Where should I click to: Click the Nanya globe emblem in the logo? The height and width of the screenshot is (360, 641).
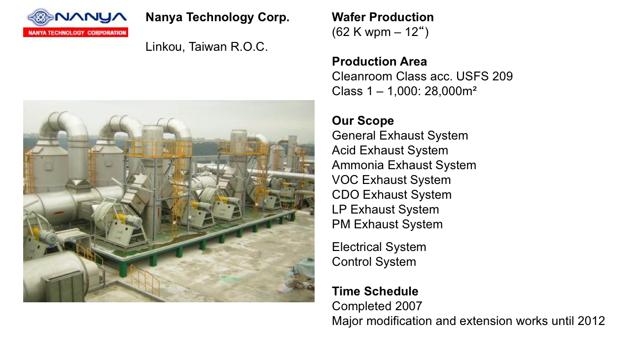pyautogui.click(x=40, y=17)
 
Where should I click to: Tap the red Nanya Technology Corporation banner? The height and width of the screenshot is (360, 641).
pyautogui.click(x=75, y=33)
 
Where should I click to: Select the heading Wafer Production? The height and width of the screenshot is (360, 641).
pyautogui.click(x=383, y=17)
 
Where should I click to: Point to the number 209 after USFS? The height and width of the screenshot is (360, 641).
pyautogui.click(x=502, y=76)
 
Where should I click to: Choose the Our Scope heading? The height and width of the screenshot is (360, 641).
pyautogui.click(x=363, y=121)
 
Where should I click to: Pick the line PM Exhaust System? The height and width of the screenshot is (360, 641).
pyautogui.click(x=387, y=224)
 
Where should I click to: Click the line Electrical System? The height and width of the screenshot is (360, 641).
pyautogui.click(x=379, y=247)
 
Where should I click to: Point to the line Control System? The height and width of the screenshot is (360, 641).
pyautogui.click(x=374, y=262)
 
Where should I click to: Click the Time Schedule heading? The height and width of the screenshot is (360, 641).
pyautogui.click(x=375, y=291)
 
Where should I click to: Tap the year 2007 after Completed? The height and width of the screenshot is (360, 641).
pyautogui.click(x=408, y=306)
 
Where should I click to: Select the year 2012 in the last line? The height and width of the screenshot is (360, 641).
pyautogui.click(x=591, y=321)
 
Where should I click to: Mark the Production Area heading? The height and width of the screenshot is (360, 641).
pyautogui.click(x=380, y=62)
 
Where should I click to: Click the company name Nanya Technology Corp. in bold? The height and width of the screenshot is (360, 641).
pyautogui.click(x=217, y=17)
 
